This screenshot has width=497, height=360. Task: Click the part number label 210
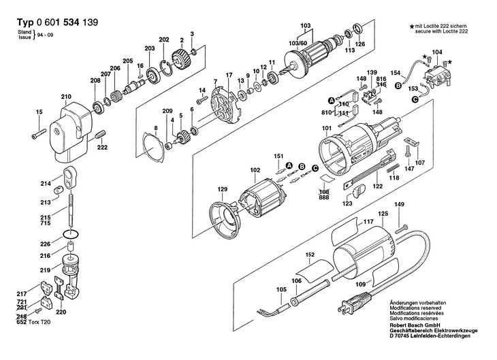click(x=66, y=97)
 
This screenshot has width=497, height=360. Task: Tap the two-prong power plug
click(x=354, y=304)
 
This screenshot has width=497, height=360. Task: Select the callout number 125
click(x=383, y=214)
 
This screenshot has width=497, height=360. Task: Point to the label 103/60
click(x=298, y=43)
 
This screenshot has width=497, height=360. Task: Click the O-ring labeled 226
click(x=70, y=235)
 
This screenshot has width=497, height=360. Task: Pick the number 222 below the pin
click(x=102, y=148)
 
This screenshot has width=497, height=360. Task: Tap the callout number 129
click(x=222, y=189)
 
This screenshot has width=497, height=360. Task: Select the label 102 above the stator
click(x=255, y=170)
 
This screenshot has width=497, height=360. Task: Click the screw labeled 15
click(x=39, y=133)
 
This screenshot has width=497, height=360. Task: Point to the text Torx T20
click(x=39, y=322)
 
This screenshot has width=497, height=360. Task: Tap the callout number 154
click(x=396, y=73)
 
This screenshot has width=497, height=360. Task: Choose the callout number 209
click(x=167, y=111)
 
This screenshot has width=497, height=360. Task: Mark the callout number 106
click(x=296, y=280)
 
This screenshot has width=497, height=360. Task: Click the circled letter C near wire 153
click(x=415, y=99)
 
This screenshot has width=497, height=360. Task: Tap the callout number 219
click(x=45, y=270)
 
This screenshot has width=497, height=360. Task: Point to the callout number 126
click(x=359, y=44)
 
